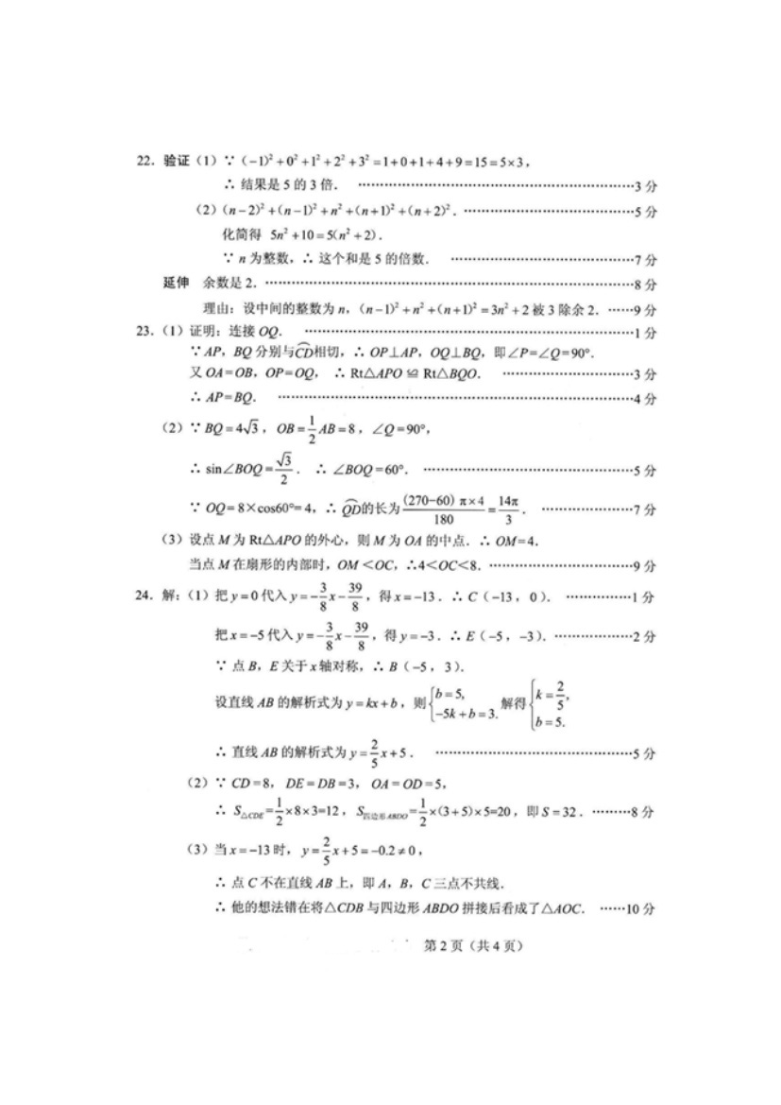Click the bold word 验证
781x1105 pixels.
coord(177,161)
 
